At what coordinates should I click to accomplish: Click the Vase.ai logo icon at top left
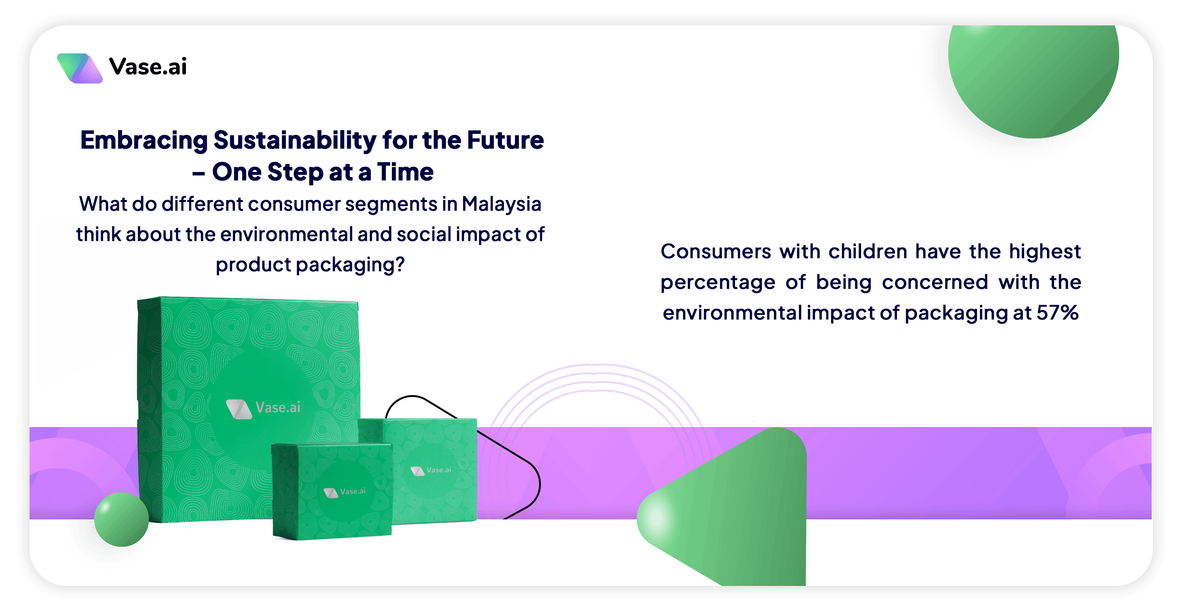80,68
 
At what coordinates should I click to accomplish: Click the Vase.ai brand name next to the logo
148,67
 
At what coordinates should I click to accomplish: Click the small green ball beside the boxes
122,519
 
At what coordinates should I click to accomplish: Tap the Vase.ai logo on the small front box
345,492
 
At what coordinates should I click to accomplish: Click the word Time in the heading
405,172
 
